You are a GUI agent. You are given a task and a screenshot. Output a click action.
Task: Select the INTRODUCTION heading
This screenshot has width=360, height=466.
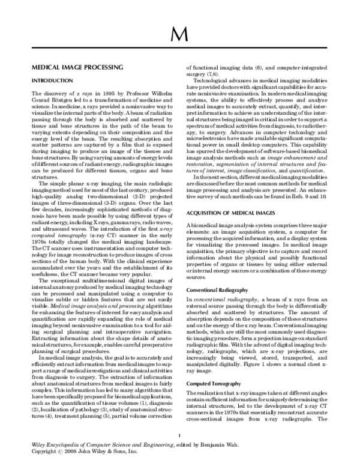click(52, 80)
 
